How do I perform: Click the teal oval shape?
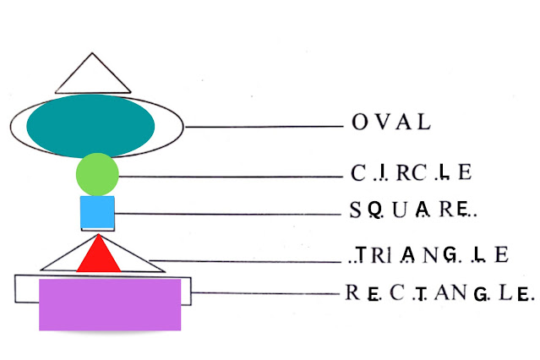pos(91,126)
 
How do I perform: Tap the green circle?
pos(97,176)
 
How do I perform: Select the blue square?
pos(97,213)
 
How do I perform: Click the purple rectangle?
pos(110,304)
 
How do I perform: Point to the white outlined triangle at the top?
pos(92,75)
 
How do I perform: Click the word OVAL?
pos(390,123)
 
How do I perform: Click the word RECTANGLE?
pos(439,293)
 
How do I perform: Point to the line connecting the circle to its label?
pos(228,177)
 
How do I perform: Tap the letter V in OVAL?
pos(380,123)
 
